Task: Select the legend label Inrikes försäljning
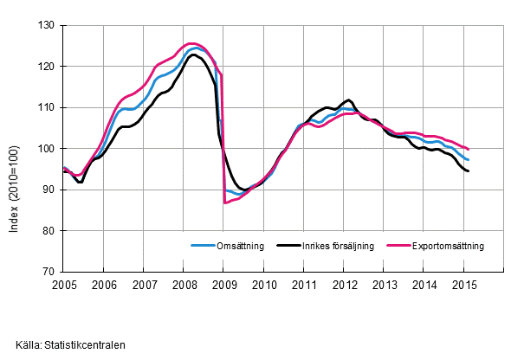338,246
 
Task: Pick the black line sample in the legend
288,246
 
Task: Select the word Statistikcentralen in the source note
87,344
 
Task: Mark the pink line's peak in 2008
192,43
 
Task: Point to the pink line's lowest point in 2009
225,202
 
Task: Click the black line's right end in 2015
469,171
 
